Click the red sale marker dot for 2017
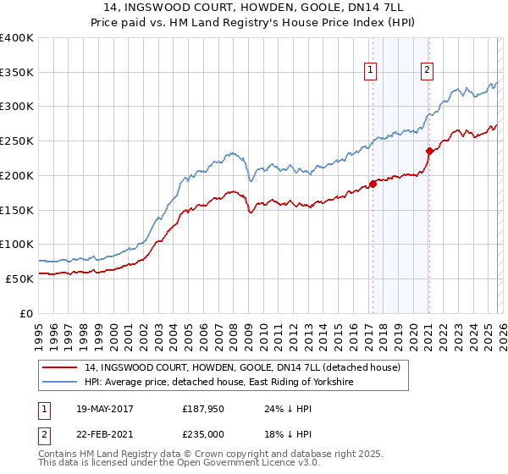[x=373, y=184]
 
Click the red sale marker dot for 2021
[x=429, y=152]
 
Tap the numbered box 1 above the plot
[x=371, y=70]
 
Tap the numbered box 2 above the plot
[x=428, y=70]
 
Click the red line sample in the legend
[x=61, y=367]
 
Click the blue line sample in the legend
[x=61, y=382]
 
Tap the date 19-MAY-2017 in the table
[x=105, y=409]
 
